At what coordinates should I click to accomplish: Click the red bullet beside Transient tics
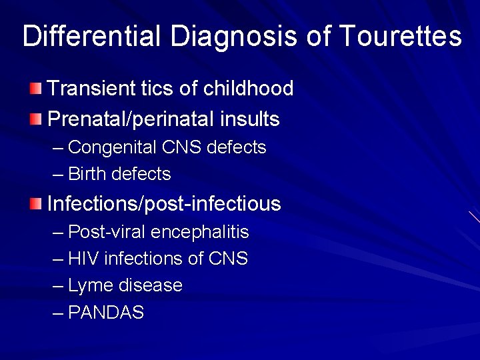coord(35,89)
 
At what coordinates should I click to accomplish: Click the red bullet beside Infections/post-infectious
coord(35,203)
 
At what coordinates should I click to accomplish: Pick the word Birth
coord(87,174)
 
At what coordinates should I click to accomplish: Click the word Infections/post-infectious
coord(164,203)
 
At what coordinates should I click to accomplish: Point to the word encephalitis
coord(199,232)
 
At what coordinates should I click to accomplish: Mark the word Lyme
coord(91,285)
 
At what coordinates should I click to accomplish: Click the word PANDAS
coord(106,312)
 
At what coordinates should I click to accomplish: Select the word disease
coord(150,285)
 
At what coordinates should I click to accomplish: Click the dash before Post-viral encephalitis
coord(58,232)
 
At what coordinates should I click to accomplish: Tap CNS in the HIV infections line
coord(227,259)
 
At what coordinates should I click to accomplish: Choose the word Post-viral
coord(107,232)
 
